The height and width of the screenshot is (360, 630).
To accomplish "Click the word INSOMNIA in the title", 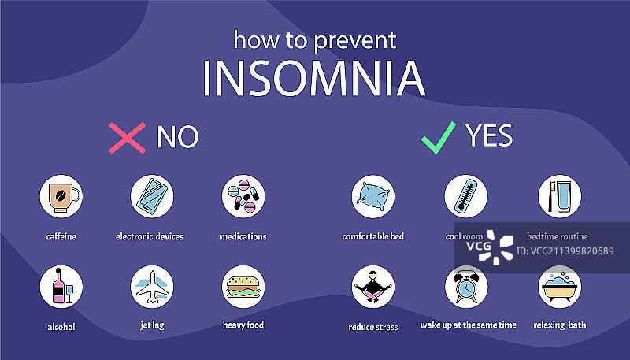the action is point(313,78).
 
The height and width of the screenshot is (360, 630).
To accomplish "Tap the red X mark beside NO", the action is point(127,138).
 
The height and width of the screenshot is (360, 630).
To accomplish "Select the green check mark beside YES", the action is point(439,138).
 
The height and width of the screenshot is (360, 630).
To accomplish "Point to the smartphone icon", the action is point(152,196).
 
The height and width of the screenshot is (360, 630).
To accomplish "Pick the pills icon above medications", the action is point(243,196).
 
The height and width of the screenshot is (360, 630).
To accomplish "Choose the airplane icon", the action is point(152,287).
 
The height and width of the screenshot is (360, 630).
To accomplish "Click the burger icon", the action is point(243,287).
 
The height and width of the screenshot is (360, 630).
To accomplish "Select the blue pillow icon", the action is point(373,196).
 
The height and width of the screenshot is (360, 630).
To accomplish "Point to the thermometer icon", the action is point(466,196).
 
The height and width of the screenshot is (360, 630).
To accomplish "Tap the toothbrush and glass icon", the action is point(560,196).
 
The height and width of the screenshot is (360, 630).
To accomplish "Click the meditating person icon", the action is point(373,287).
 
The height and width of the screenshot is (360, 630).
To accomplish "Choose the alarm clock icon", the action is point(466,287).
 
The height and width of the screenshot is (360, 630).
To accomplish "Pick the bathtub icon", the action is point(560,287).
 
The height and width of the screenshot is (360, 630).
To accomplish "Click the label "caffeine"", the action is point(61,236).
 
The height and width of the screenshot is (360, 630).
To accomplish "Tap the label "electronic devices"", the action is point(150,236).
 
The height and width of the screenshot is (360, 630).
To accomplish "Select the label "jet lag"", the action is point(152,325).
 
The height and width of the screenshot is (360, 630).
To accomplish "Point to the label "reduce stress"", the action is point(373,327).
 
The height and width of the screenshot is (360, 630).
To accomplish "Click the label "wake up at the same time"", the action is point(468,325).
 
